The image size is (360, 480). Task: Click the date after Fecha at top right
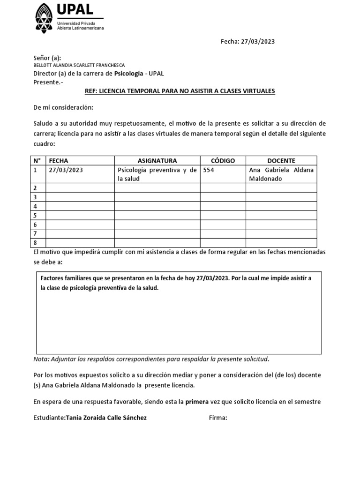tap(258, 41)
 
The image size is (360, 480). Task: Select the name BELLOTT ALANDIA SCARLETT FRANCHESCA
tap(79, 66)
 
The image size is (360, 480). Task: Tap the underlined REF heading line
tap(180, 91)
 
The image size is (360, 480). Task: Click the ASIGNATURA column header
tap(157, 160)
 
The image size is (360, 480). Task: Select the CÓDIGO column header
tap(223, 160)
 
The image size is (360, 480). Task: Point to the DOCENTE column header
tap(281, 160)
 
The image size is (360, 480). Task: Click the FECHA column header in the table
tap(59, 160)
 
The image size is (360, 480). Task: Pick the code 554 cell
tap(208, 170)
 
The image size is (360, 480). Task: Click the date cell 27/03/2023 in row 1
tap(66, 170)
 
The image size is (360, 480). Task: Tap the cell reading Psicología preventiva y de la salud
tap(157, 174)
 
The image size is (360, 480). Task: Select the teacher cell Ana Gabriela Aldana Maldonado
tap(281, 174)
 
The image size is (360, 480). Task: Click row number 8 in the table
tap(35, 242)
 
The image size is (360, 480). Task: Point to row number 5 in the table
tap(35, 215)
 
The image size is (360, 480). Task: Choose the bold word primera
tap(197, 402)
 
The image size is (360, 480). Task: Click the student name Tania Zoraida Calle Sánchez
tap(106, 418)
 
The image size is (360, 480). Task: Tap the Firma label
tap(218, 418)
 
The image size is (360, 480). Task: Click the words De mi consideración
tap(63, 108)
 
